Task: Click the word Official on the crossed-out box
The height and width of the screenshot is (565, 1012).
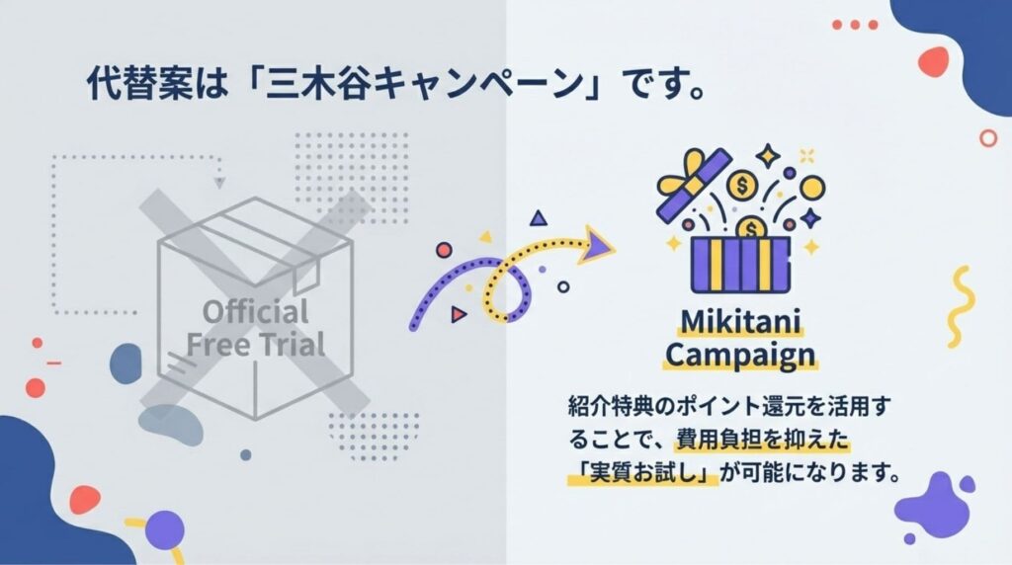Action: pyautogui.click(x=256, y=312)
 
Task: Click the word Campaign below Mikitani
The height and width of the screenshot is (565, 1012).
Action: pyautogui.click(x=742, y=354)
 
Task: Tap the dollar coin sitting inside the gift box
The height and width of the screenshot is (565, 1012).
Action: pyautogui.click(x=753, y=229)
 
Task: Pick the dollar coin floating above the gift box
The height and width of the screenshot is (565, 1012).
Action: pyautogui.click(x=740, y=185)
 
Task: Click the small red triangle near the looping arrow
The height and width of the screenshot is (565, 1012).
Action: pyautogui.click(x=458, y=314)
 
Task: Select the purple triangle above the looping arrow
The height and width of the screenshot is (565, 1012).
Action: pyautogui.click(x=537, y=217)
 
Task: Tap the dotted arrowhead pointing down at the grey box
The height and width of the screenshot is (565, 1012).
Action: pyautogui.click(x=220, y=182)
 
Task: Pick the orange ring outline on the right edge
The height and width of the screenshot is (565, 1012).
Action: pyautogui.click(x=986, y=137)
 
